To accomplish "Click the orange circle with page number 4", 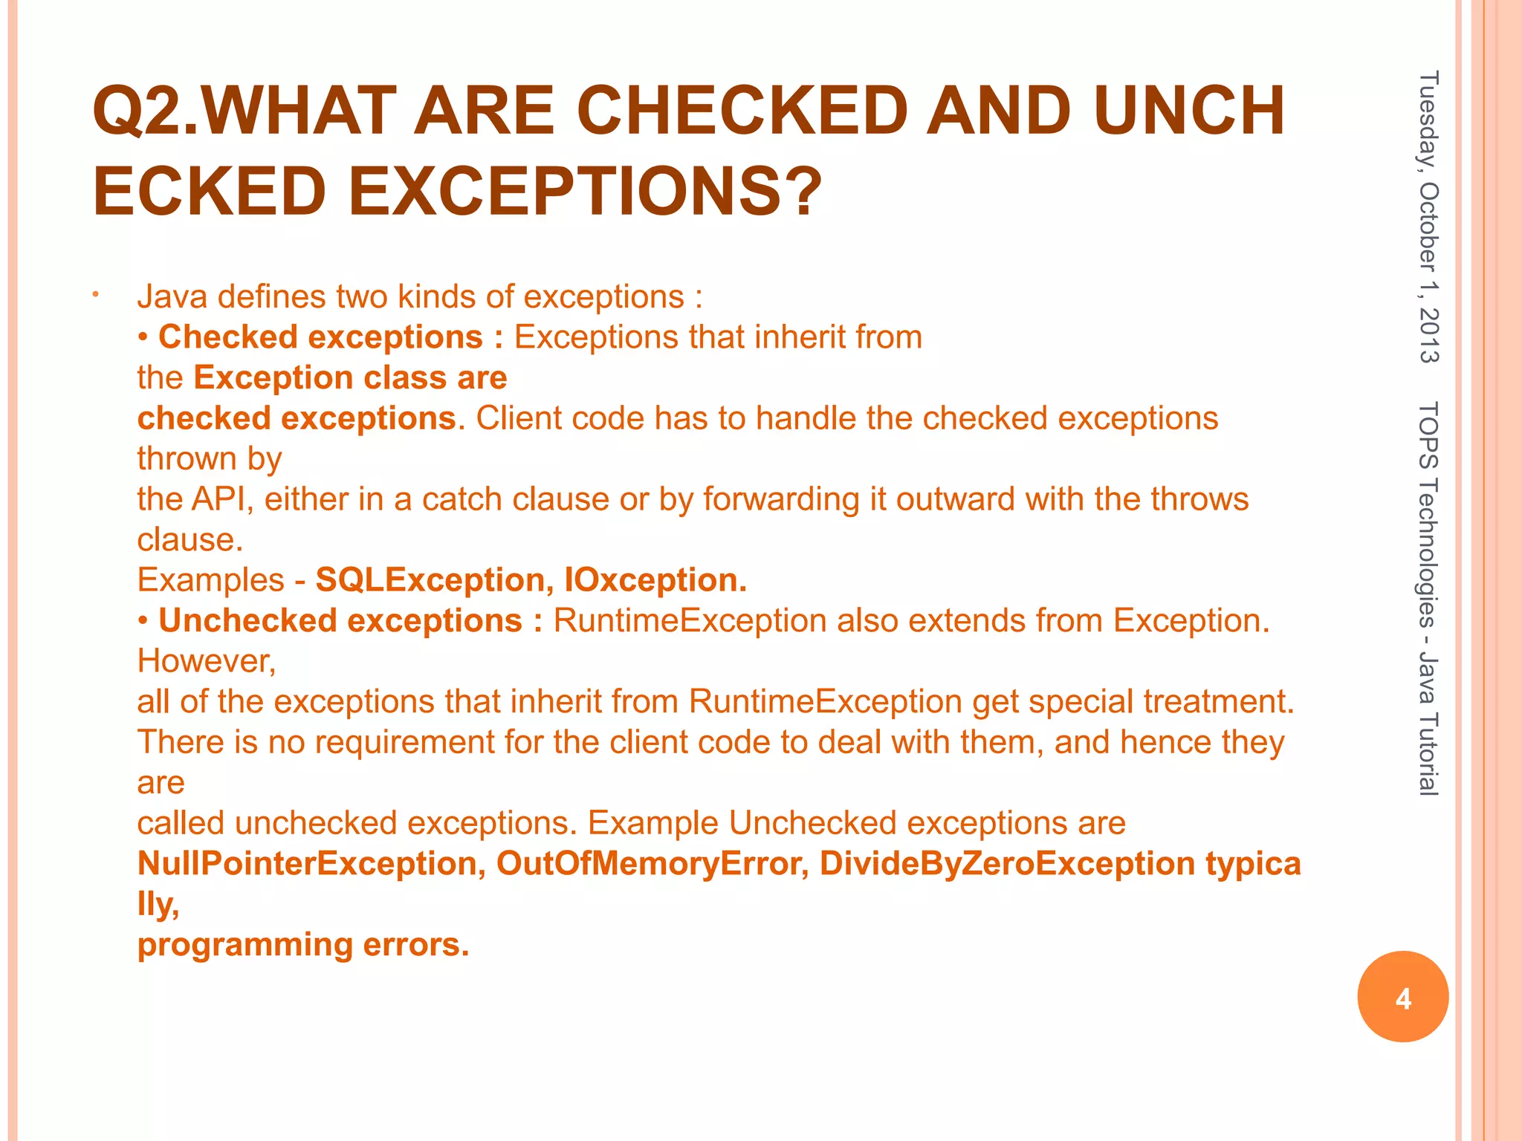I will click(1402, 997).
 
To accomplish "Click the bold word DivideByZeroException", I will click(1007, 864).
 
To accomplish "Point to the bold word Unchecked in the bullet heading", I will click(247, 621).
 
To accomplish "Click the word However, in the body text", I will click(207, 661).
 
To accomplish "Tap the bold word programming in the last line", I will click(245, 945).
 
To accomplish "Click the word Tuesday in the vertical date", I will click(1428, 123).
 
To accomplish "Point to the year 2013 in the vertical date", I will click(1428, 335).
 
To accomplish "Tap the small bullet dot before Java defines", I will click(95, 297).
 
